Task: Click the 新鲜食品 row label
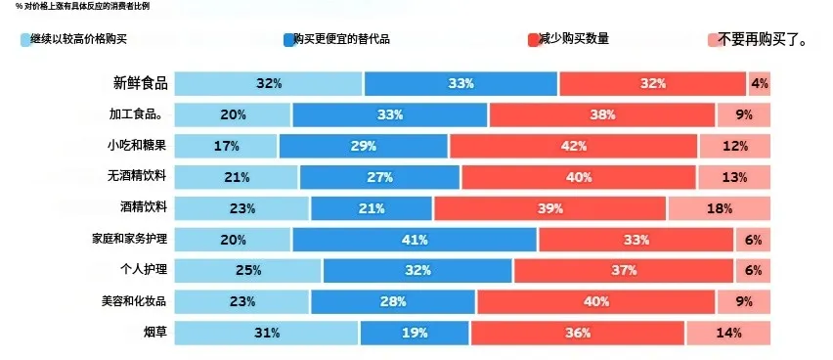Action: click(140, 83)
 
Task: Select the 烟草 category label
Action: click(154, 333)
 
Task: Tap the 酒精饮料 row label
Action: click(143, 207)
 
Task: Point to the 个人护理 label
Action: click(143, 270)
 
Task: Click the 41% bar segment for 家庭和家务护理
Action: click(415, 239)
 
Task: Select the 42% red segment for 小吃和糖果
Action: click(573, 146)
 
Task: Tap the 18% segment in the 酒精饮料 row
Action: click(719, 208)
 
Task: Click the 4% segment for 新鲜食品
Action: click(760, 84)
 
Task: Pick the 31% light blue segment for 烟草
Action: click(266, 333)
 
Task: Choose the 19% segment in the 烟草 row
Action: click(415, 333)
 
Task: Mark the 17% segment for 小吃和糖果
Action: click(226, 146)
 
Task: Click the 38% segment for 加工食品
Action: click(602, 114)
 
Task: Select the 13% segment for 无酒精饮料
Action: click(733, 177)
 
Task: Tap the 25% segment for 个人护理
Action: click(248, 270)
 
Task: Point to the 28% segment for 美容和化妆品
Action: click(393, 301)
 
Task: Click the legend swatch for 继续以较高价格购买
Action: click(24, 40)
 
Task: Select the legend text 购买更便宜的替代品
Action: click(342, 39)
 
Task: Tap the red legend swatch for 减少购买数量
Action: click(532, 40)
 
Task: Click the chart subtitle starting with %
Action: click(83, 6)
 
